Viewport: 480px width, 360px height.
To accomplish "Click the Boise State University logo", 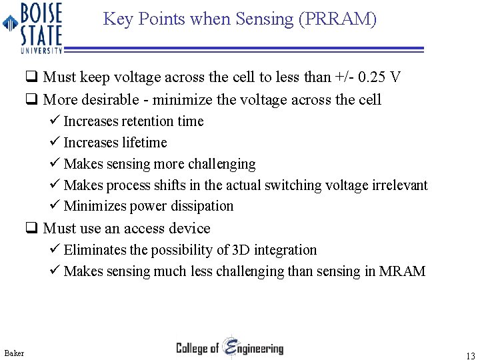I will tap(33, 27).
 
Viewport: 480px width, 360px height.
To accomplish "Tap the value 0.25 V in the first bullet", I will tap(379, 77).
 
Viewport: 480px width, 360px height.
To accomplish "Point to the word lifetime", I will tap(145, 143).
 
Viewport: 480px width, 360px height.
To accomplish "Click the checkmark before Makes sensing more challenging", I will tap(55, 164).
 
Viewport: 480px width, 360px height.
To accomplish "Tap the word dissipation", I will tap(201, 207).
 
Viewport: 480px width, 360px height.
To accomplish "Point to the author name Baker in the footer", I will tap(13, 352).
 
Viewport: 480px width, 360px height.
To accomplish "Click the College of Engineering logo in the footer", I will tap(229, 347).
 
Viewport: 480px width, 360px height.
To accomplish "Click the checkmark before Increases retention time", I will tap(55, 121).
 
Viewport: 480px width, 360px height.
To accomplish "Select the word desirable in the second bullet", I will tap(107, 100).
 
